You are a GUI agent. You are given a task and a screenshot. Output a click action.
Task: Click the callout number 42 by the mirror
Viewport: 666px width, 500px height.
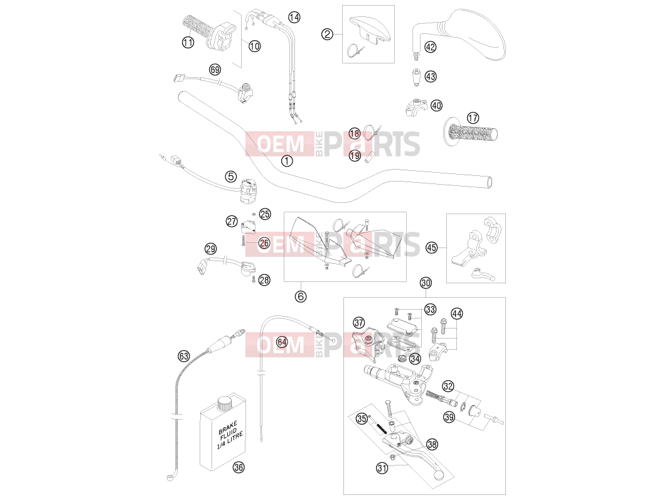(x=430, y=46)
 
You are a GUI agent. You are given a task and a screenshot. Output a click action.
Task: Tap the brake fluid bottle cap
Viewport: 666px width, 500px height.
(x=224, y=403)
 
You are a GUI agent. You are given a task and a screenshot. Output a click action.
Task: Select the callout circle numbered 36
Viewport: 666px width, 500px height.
(x=239, y=467)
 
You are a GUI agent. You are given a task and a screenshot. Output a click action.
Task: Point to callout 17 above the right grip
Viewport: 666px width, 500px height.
(x=473, y=117)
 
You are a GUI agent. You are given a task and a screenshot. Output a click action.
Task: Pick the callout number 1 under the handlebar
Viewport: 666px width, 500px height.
(x=287, y=161)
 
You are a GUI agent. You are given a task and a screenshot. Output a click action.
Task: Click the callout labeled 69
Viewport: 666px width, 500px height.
(x=215, y=69)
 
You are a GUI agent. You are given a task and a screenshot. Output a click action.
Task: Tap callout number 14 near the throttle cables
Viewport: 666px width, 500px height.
(x=294, y=17)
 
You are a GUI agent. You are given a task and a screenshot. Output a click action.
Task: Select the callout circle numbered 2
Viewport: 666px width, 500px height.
(x=326, y=34)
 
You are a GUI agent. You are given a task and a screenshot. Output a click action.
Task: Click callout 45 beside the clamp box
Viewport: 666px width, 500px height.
(x=431, y=247)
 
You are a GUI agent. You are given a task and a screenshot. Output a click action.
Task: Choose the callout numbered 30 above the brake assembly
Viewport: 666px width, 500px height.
(x=426, y=283)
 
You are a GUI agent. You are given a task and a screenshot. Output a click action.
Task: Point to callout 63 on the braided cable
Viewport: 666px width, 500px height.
(x=183, y=356)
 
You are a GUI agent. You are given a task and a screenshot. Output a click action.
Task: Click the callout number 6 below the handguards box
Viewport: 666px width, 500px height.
(x=300, y=296)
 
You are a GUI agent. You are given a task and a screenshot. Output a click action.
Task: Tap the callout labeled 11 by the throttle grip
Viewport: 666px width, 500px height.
(x=188, y=42)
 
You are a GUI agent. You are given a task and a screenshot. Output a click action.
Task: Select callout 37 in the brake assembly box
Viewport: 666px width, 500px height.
(x=359, y=323)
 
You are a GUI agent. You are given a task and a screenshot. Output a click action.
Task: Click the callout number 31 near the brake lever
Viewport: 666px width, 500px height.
(x=382, y=468)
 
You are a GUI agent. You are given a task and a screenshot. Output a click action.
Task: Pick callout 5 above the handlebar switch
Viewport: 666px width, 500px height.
(x=230, y=177)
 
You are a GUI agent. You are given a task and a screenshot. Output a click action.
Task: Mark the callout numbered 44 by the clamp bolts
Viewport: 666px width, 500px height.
(x=456, y=314)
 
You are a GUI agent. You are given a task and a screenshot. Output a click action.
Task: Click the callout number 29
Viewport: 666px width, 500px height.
(x=210, y=249)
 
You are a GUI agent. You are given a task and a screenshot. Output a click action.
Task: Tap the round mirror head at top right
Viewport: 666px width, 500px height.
(x=476, y=34)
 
